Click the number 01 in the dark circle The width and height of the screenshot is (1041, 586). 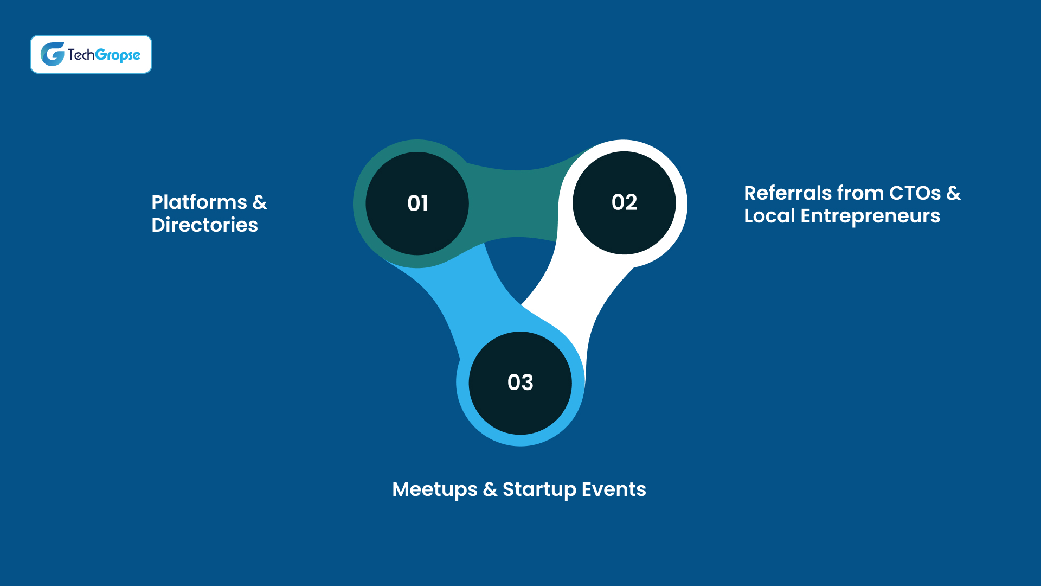[x=417, y=203]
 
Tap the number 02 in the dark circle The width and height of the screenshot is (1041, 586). [x=624, y=202]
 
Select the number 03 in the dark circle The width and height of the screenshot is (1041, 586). [x=520, y=383]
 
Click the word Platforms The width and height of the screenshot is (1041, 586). [x=199, y=202]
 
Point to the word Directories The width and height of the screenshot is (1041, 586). [x=204, y=225]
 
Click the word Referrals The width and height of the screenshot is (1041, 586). [x=787, y=193]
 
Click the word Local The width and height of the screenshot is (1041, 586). [x=769, y=216]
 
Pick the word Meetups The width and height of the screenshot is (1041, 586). [x=435, y=490]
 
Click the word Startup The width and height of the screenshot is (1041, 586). [x=539, y=490]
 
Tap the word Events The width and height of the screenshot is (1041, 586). [x=614, y=489]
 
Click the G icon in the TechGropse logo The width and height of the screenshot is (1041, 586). [x=53, y=54]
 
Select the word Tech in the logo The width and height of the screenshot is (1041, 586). [x=81, y=54]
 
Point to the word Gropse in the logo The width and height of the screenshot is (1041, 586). [x=118, y=55]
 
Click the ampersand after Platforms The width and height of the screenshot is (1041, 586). [x=260, y=202]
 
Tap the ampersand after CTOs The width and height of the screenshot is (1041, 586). [x=953, y=193]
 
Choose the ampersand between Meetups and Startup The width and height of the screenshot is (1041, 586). [x=490, y=489]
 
